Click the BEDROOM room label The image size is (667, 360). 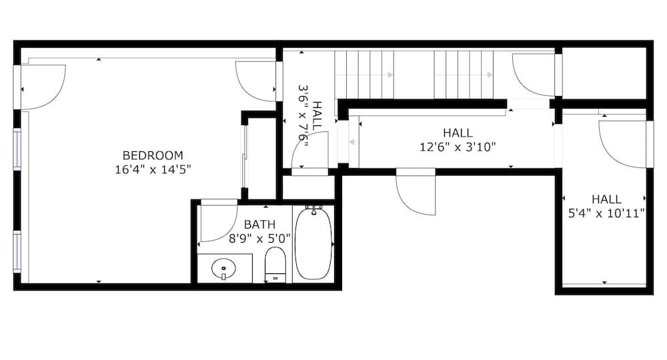(x=153, y=156)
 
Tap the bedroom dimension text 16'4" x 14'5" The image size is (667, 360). (x=153, y=169)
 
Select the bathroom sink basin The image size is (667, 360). (x=223, y=269)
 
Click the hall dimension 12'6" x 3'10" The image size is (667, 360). (x=458, y=147)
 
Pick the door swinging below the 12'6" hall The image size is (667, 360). (x=415, y=193)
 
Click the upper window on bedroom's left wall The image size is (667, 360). (x=17, y=150)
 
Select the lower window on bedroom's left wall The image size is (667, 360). (x=17, y=251)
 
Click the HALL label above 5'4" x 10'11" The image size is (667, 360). (x=606, y=199)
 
